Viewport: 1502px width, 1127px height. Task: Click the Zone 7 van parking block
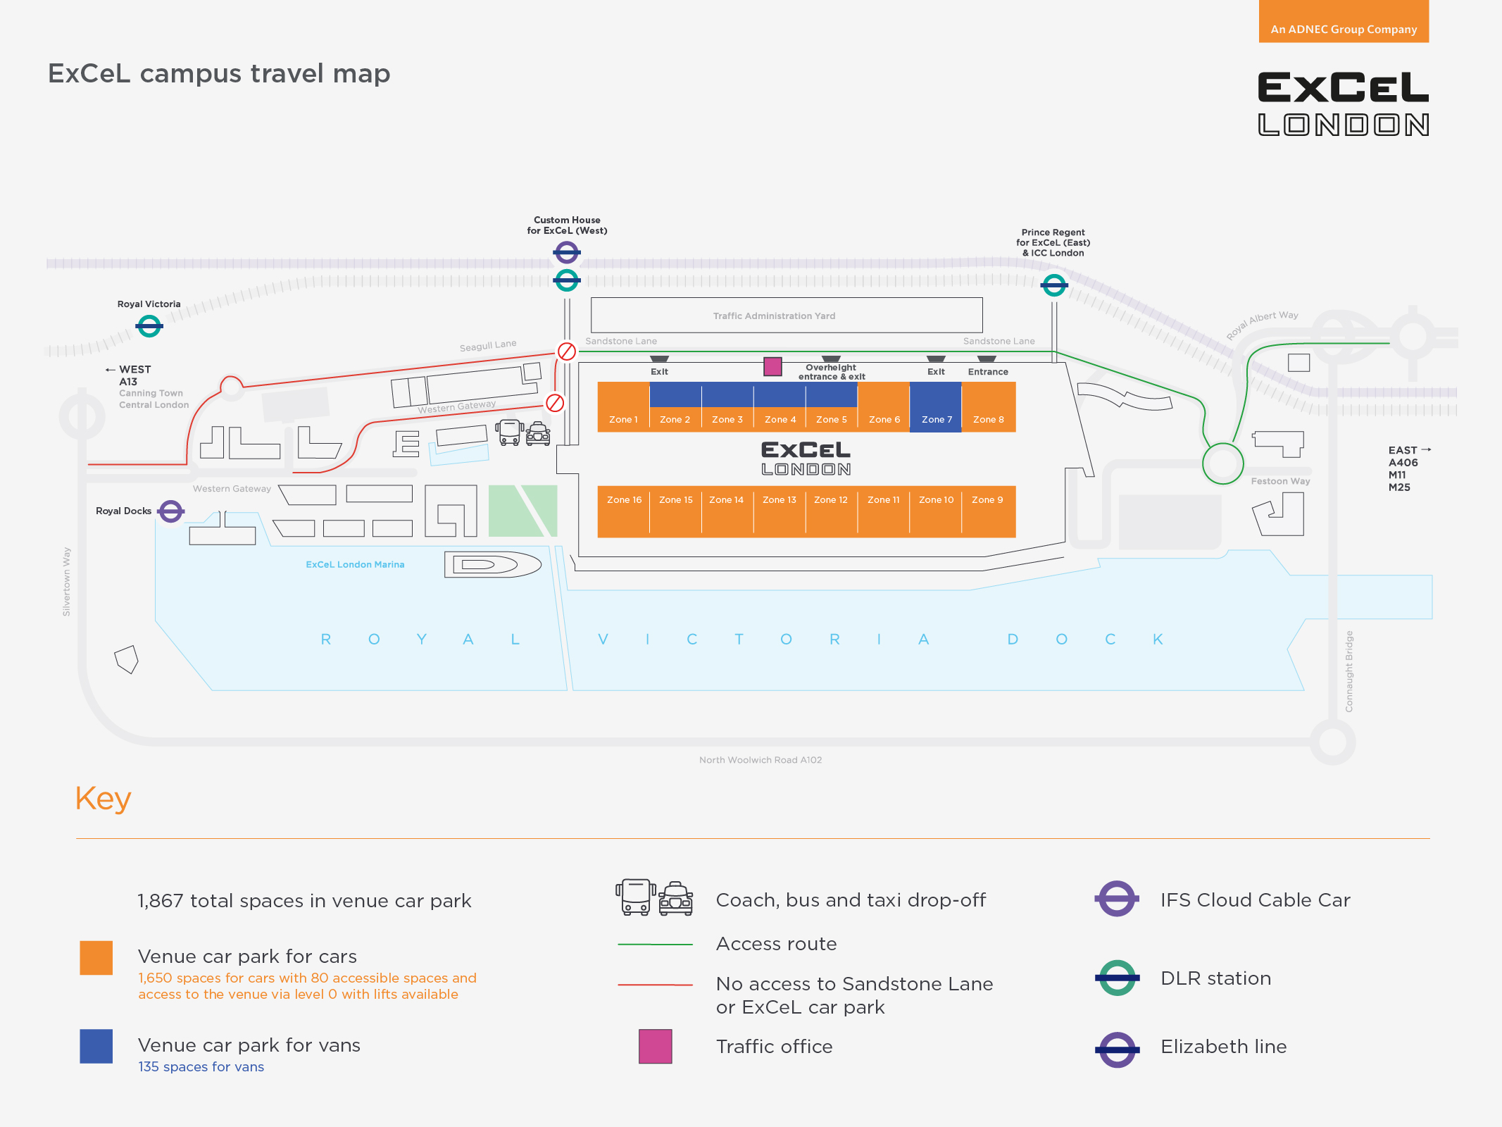tap(936, 406)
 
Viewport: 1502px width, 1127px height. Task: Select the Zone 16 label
tap(625, 500)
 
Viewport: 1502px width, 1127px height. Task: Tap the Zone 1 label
tap(623, 420)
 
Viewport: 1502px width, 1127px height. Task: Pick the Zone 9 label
tap(987, 500)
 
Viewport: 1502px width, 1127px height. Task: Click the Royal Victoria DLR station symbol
tap(149, 326)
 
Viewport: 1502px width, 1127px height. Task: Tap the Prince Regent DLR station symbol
tap(1054, 285)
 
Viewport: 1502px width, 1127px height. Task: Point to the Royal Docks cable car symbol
tap(171, 511)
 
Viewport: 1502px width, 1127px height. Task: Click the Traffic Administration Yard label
tap(774, 316)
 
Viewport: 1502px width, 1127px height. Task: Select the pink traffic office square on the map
tap(772, 366)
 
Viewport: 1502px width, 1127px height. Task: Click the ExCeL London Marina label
tap(355, 565)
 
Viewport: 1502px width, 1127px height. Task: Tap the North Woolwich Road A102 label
tap(761, 760)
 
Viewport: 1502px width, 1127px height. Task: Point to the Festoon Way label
tap(1280, 482)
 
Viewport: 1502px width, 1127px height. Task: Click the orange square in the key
tap(96, 958)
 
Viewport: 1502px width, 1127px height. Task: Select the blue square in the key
tap(96, 1046)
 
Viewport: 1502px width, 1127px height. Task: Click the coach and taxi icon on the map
tap(523, 432)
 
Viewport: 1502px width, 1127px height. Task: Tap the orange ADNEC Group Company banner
tap(1344, 21)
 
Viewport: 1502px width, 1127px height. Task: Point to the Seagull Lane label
tap(488, 346)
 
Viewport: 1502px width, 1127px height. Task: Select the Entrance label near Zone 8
tap(988, 372)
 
